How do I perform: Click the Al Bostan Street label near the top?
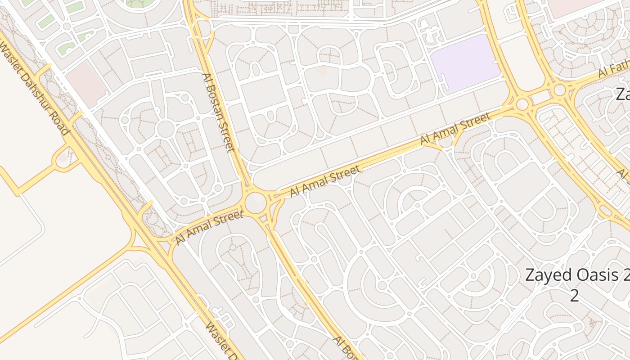point(218,112)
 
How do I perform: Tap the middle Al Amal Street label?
point(325,181)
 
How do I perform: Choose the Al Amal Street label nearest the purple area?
point(455,129)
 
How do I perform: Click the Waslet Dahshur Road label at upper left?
point(34,88)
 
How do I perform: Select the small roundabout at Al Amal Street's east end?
point(522,104)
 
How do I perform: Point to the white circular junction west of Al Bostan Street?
point(166,129)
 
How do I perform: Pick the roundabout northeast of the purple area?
point(560,90)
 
